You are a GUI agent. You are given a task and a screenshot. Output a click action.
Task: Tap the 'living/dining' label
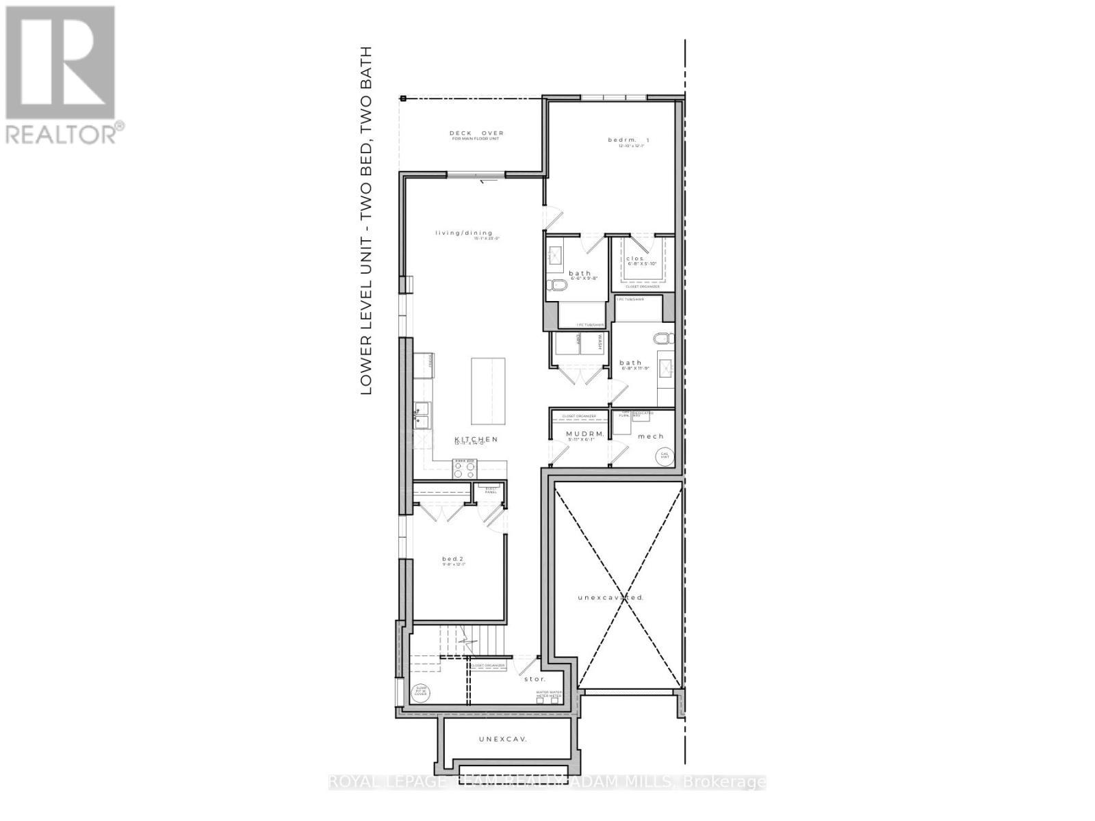pos(464,233)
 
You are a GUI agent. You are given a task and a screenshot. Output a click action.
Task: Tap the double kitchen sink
pos(422,416)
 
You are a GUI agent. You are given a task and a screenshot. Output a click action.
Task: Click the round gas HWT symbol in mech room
pos(663,455)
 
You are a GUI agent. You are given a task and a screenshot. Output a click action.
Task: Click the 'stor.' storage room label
pos(535,679)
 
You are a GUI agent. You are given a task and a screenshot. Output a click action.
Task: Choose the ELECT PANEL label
pos(491,490)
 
